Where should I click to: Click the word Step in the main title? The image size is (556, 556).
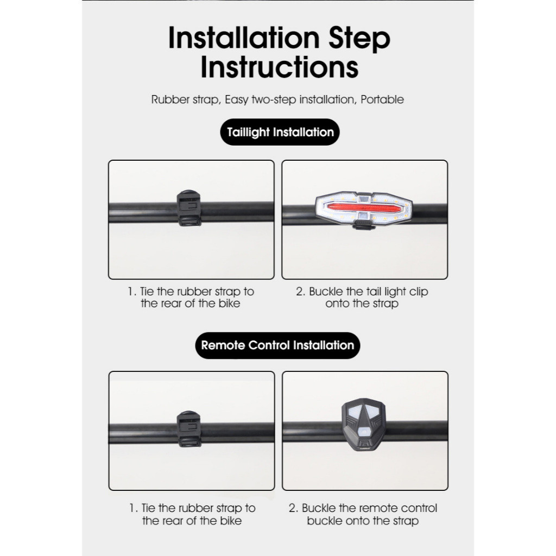pyautogui.click(x=359, y=39)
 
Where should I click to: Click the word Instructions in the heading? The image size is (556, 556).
pyautogui.click(x=280, y=67)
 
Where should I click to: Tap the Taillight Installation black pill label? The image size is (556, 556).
pyautogui.click(x=280, y=132)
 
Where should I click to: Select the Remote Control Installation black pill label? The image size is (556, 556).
pyautogui.click(x=277, y=345)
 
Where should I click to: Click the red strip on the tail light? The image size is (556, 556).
pyautogui.click(x=364, y=208)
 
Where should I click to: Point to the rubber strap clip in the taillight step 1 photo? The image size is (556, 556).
pyautogui.click(x=189, y=208)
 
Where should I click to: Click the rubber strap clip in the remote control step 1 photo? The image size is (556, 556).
pyautogui.click(x=189, y=429)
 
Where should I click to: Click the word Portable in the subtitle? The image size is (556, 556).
pyautogui.click(x=382, y=100)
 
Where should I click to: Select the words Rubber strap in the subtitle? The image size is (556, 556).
pyautogui.click(x=185, y=100)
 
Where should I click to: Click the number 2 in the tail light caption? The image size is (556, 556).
pyautogui.click(x=300, y=292)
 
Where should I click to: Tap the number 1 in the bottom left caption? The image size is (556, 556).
pyautogui.click(x=132, y=508)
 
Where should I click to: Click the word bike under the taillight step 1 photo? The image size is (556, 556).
pyautogui.click(x=229, y=304)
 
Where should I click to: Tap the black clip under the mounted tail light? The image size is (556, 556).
pyautogui.click(x=362, y=225)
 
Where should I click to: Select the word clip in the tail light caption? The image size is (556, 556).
pyautogui.click(x=419, y=292)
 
